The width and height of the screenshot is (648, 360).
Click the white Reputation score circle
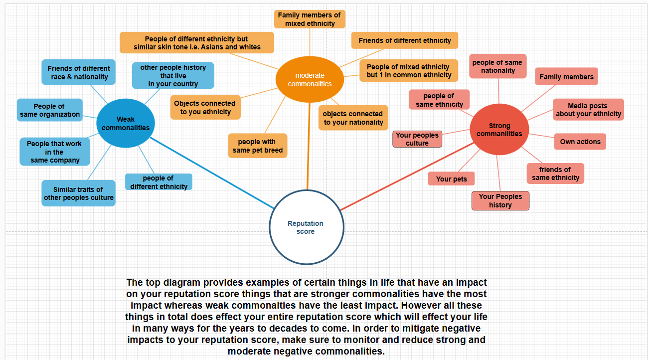pyautogui.click(x=307, y=227)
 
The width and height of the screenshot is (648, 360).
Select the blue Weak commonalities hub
pyautogui.click(x=126, y=123)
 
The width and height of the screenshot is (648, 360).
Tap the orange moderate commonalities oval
pyautogui.click(x=310, y=80)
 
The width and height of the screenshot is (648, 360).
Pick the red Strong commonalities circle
pyautogui.click(x=499, y=130)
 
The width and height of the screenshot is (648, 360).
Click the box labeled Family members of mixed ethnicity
pyautogui.click(x=309, y=19)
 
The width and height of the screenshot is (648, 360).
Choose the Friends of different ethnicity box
pyautogui.click(x=404, y=40)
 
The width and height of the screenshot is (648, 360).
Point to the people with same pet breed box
pyautogui.click(x=257, y=146)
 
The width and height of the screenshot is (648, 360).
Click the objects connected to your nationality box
pyautogui.click(x=353, y=118)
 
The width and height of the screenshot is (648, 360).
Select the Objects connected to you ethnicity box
pyautogui.click(x=205, y=107)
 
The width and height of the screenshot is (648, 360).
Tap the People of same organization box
pyautogui.click(x=49, y=110)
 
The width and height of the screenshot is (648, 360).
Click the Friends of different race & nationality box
pyautogui.click(x=79, y=72)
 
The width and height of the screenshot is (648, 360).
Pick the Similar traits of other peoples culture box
pyautogui.click(x=79, y=193)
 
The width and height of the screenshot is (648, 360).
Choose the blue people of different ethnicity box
pyautogui.click(x=159, y=182)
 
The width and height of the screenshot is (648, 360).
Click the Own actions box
pyautogui.click(x=580, y=142)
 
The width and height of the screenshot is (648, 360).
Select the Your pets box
pyautogui.click(x=451, y=179)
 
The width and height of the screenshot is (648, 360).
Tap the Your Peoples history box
pyautogui.click(x=500, y=200)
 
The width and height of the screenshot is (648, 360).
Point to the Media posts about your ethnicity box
pyautogui.click(x=588, y=110)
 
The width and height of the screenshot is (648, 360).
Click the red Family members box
pyautogui.click(x=566, y=77)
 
